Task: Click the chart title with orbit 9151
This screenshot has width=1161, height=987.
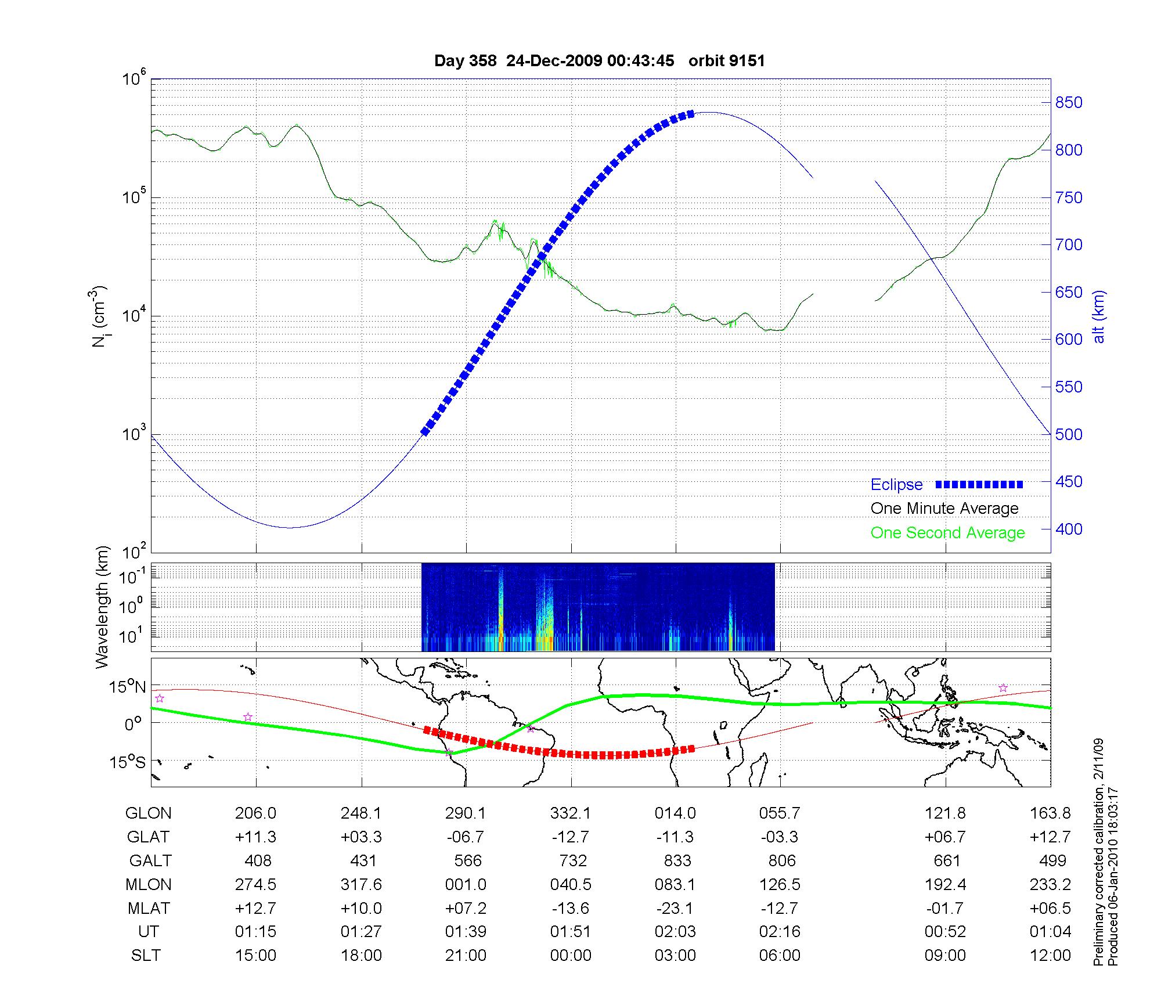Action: coord(599,61)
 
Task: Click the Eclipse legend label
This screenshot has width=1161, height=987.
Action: coord(896,485)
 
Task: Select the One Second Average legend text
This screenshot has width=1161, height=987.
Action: coord(947,533)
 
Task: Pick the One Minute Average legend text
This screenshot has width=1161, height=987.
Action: coord(944,509)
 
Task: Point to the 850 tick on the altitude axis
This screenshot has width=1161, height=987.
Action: coord(1069,103)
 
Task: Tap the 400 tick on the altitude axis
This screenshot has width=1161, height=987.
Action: coord(1069,529)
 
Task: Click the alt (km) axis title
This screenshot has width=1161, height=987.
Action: coord(1099,316)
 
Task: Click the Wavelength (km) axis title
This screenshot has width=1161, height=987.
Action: coord(102,607)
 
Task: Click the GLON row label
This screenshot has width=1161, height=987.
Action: coord(148,813)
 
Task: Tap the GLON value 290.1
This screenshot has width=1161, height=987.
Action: coord(466,813)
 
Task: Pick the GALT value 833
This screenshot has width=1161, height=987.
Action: coord(677,861)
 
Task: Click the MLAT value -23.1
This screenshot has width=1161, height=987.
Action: coord(675,908)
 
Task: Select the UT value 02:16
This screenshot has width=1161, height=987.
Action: coord(780,932)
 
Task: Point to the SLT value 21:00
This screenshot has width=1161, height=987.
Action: coord(466,956)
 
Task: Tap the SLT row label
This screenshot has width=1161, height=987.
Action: coord(146,956)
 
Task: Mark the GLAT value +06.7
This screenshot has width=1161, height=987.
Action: coord(945,837)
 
